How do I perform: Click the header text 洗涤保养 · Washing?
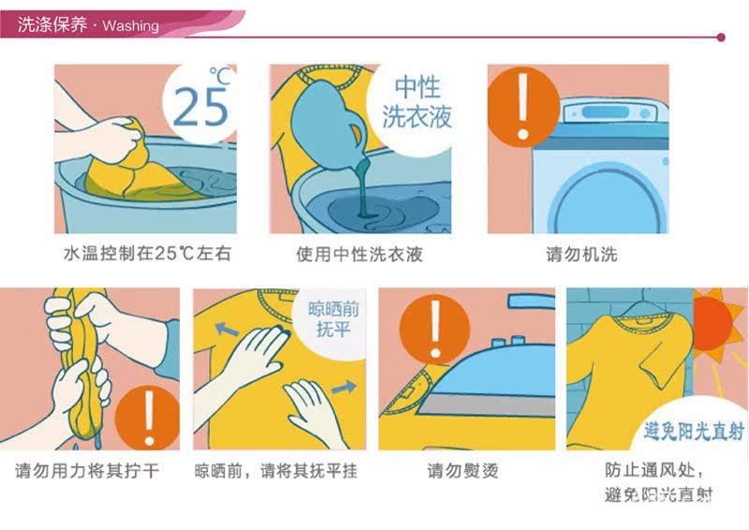89,25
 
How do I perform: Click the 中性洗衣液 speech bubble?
417,102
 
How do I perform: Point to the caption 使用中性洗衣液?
360,254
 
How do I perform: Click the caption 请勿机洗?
581,254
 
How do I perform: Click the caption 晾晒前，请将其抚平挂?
276,470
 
